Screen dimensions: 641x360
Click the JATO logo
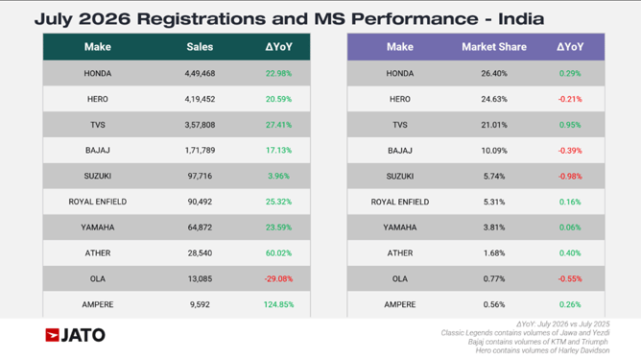(75, 335)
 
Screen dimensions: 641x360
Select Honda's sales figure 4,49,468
(200, 74)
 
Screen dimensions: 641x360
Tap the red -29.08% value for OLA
(278, 279)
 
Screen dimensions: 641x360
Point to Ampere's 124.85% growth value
(278, 304)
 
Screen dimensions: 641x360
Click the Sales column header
(200, 47)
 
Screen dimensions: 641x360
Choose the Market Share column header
(494, 47)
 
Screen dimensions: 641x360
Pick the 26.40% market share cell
(494, 74)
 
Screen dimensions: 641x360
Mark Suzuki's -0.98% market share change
(570, 177)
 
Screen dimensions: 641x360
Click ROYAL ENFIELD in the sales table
(97, 202)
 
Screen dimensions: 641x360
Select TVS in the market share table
(400, 125)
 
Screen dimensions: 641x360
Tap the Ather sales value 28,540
(200, 253)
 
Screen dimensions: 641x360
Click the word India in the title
(521, 19)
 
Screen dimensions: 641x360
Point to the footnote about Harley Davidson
(542, 350)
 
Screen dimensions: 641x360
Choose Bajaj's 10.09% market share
(494, 151)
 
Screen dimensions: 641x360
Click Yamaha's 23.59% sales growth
(278, 228)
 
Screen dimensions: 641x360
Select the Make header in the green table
(97, 47)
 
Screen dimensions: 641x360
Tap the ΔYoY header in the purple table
(570, 47)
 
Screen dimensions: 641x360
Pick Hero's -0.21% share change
(570, 100)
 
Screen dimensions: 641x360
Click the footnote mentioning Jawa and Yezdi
(525, 333)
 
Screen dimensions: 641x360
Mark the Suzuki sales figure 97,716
(200, 177)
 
